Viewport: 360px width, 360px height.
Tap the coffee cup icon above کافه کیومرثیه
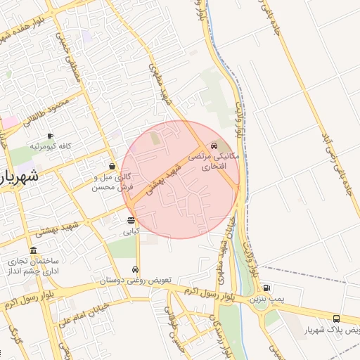coord(50,136)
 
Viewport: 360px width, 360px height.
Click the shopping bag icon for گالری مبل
coord(112,167)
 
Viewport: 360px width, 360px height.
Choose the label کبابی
coord(131,231)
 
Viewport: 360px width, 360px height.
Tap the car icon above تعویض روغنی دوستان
coord(135,269)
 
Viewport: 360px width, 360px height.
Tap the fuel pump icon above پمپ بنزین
coord(266,288)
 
